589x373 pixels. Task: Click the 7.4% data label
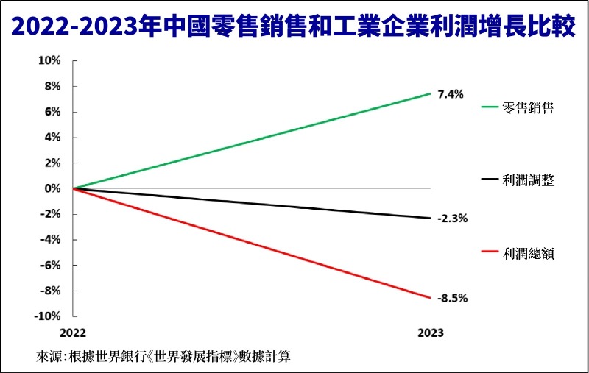coord(450,94)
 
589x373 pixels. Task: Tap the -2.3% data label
coord(452,219)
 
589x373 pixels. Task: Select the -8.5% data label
coord(452,298)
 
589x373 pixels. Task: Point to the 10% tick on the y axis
coord(49,61)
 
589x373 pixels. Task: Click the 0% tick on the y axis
coord(52,188)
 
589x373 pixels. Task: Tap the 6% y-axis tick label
coord(52,112)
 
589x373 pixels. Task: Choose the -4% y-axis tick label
coord(50,240)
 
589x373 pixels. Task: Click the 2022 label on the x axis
coord(74,333)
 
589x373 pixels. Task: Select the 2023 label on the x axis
coord(431,333)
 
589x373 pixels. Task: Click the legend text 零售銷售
coord(528,107)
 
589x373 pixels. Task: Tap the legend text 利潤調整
coord(528,180)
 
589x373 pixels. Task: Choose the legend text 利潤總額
coord(528,254)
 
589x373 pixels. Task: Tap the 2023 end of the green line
coord(431,94)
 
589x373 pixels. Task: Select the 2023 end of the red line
coord(431,297)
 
